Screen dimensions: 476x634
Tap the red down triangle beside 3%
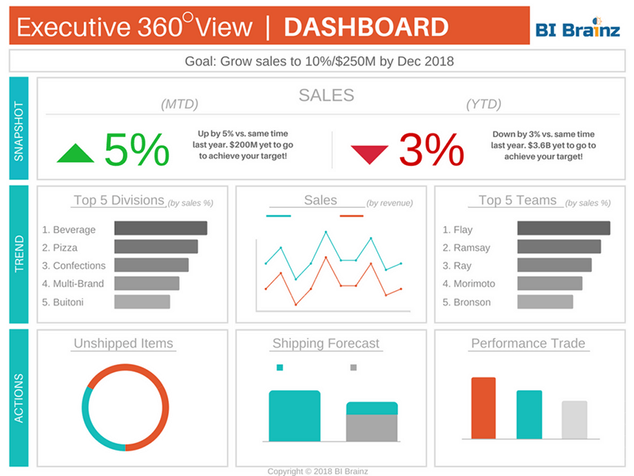[369, 153]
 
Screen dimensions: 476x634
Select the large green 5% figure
[137, 149]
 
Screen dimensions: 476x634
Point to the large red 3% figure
[430, 149]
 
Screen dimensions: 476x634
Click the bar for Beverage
[160, 228]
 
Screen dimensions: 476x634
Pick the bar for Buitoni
[142, 301]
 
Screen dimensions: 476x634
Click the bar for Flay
[563, 228]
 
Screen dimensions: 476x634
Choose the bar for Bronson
[544, 301]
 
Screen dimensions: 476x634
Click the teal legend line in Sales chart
[278, 216]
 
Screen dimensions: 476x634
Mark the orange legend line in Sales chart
[351, 216]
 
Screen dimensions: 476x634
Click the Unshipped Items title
[123, 344]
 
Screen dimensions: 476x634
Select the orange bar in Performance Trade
[483, 408]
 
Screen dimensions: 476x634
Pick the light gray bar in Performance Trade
[575, 420]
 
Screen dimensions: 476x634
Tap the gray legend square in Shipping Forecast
[353, 368]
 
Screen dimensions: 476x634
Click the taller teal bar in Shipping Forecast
[294, 416]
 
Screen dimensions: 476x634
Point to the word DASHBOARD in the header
[365, 27]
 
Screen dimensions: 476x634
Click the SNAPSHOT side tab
[19, 129]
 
